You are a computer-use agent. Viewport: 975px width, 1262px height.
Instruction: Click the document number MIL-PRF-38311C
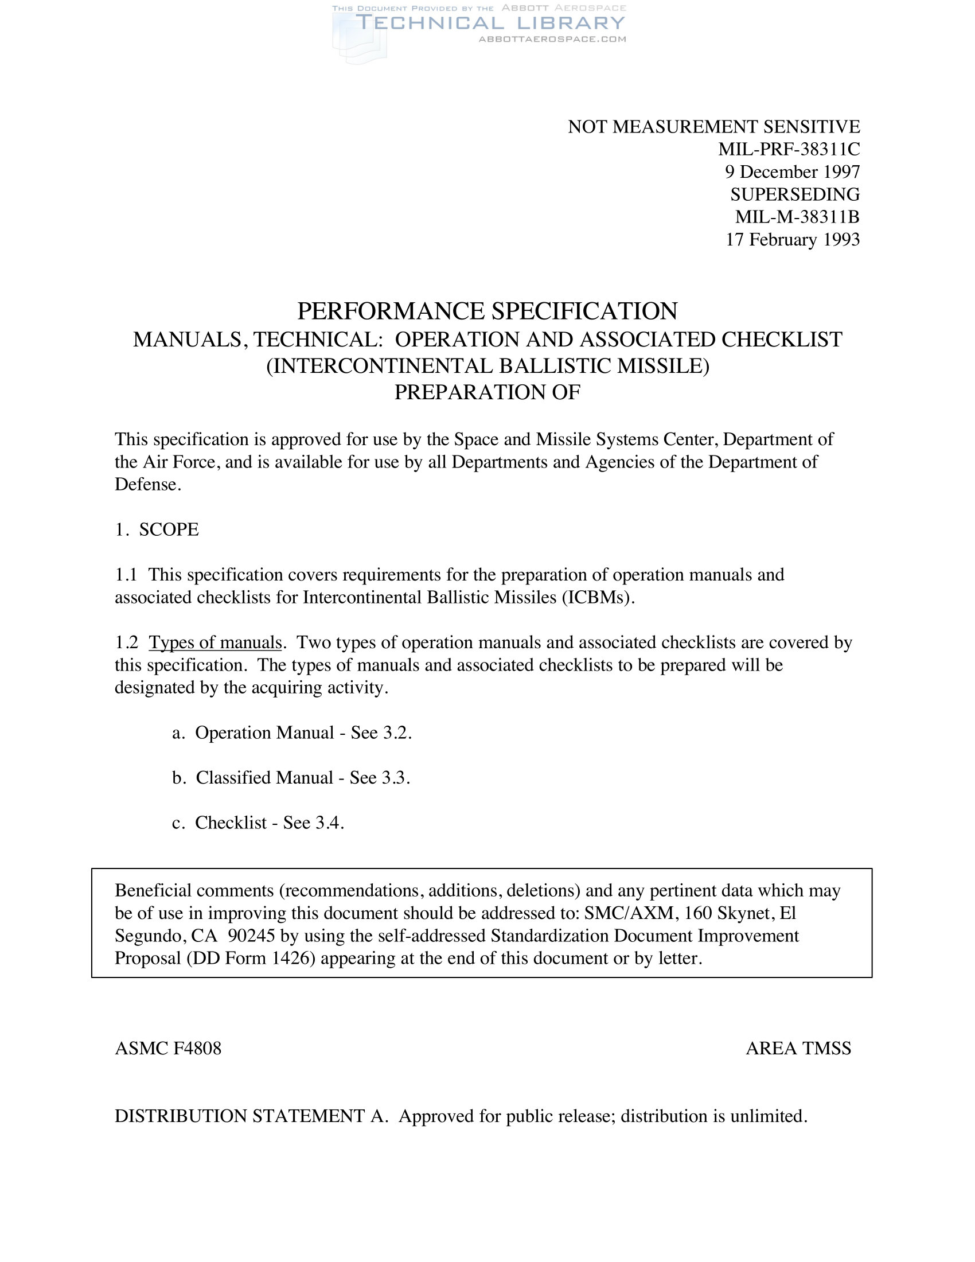(x=789, y=149)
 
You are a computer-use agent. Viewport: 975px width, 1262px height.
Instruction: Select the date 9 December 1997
(x=793, y=172)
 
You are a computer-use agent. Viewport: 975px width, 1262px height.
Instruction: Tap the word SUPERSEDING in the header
(x=795, y=194)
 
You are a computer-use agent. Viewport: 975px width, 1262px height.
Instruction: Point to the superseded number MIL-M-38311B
(x=797, y=217)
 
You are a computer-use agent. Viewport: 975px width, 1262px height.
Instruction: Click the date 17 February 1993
(x=793, y=239)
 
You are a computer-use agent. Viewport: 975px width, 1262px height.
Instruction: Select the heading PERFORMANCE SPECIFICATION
(x=487, y=311)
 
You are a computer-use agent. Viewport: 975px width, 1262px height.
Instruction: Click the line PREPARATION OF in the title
(x=487, y=392)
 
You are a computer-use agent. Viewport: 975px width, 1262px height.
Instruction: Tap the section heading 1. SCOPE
(x=157, y=529)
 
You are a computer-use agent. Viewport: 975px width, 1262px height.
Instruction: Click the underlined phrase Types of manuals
(x=216, y=642)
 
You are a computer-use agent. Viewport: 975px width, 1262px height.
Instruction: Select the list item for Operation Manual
(x=292, y=733)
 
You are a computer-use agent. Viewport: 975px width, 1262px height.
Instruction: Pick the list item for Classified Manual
(x=291, y=778)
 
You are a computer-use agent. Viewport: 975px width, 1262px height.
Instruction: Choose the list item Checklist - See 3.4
(x=258, y=823)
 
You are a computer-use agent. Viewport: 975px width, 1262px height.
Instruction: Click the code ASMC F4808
(x=168, y=1048)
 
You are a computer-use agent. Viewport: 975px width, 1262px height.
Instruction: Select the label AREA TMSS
(x=798, y=1048)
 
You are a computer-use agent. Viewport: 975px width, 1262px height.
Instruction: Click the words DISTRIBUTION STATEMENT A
(x=251, y=1116)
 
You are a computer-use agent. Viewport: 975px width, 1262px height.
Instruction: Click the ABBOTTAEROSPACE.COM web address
(x=552, y=39)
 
